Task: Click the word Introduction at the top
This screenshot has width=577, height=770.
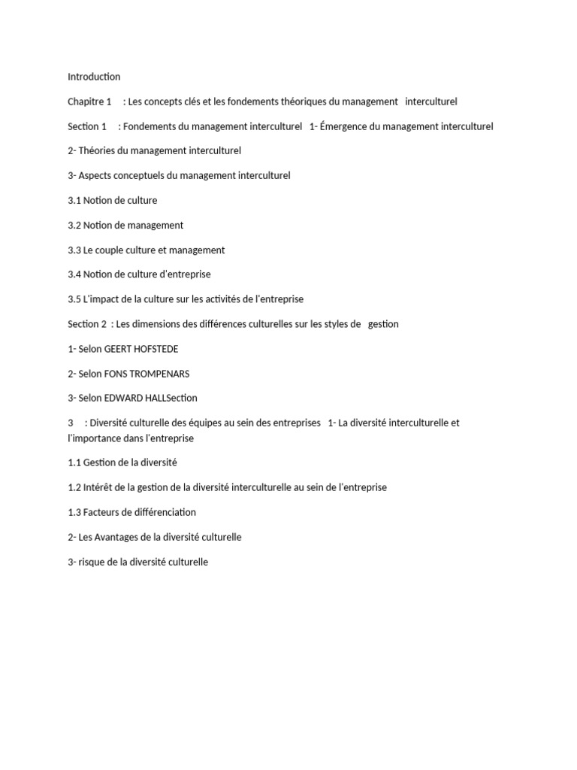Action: pyautogui.click(x=94, y=77)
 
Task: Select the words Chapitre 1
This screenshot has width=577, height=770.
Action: pyautogui.click(x=89, y=102)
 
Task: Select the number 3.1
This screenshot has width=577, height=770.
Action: pyautogui.click(x=74, y=201)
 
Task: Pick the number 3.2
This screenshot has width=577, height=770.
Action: pyautogui.click(x=74, y=226)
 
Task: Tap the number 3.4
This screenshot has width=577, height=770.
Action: pyautogui.click(x=74, y=275)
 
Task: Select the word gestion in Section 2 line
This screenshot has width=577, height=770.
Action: pyautogui.click(x=383, y=324)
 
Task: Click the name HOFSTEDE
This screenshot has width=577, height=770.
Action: pyautogui.click(x=156, y=349)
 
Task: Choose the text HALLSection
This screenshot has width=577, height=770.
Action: pyautogui.click(x=169, y=399)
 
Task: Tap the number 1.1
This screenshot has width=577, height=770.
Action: pyautogui.click(x=74, y=463)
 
